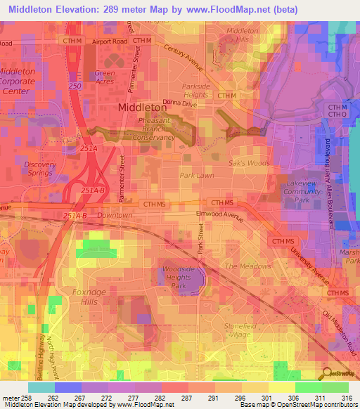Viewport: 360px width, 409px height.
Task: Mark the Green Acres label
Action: [x=105, y=77]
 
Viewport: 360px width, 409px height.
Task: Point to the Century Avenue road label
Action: [x=183, y=58]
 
